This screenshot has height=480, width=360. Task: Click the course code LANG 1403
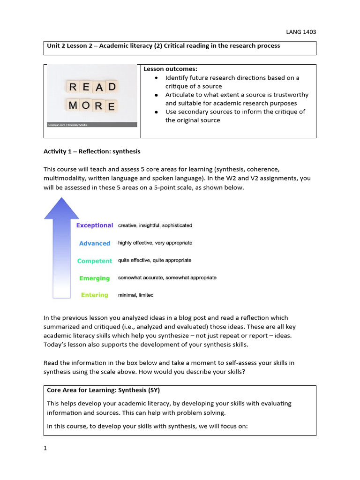[x=301, y=32]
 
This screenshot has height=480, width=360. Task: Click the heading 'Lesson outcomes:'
[x=164, y=69]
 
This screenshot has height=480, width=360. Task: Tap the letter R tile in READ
[x=73, y=87]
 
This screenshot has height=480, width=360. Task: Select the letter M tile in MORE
[x=73, y=105]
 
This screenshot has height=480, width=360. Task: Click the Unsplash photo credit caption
[x=67, y=125]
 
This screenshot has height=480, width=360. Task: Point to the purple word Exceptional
[x=95, y=225]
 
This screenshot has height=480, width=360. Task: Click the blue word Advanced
[x=95, y=243]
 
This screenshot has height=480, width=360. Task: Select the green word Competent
[x=95, y=261]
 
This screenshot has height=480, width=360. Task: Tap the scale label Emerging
[x=95, y=278]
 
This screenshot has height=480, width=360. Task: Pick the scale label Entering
[x=95, y=295]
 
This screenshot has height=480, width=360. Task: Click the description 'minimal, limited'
[x=135, y=295]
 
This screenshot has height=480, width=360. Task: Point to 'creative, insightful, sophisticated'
[x=155, y=225]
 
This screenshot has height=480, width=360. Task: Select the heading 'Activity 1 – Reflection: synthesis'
[x=92, y=151]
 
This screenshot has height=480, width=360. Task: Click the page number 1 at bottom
[x=45, y=448]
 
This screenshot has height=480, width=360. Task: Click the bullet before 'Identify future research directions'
[x=155, y=78]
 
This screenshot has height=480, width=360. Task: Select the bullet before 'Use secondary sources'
[x=155, y=112]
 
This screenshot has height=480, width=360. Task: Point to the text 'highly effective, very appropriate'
[x=155, y=243]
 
